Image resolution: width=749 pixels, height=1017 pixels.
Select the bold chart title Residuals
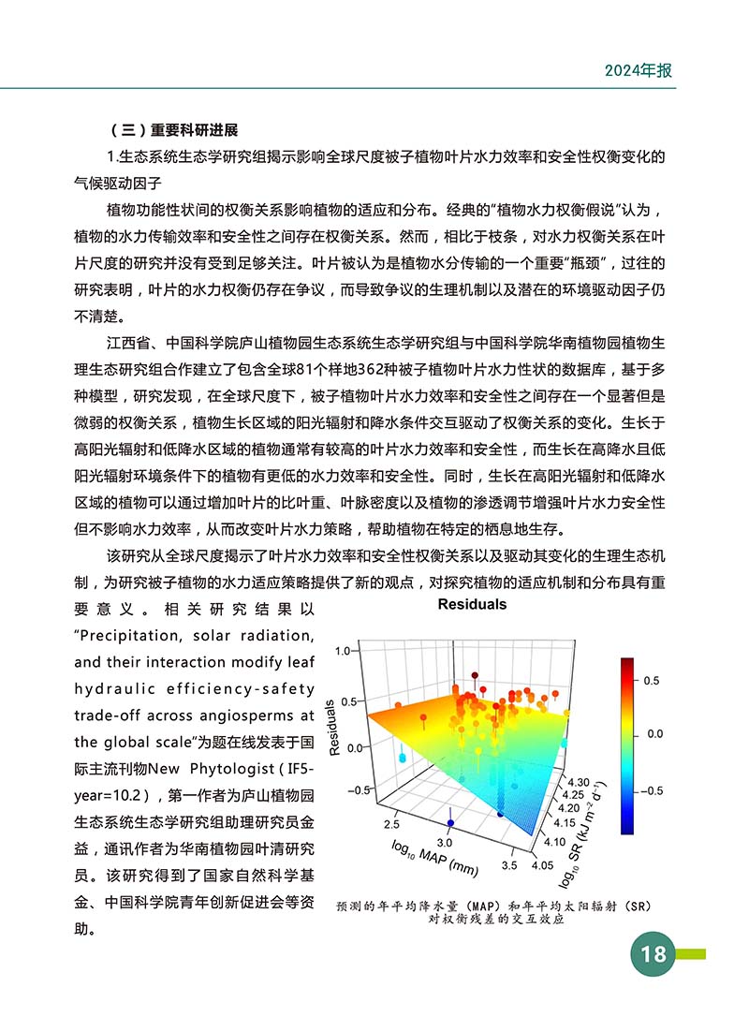472,604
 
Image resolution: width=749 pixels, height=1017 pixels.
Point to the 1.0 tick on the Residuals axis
341,650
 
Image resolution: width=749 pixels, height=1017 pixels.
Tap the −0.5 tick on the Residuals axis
338,790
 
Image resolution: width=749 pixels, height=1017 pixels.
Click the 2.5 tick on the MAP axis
391,824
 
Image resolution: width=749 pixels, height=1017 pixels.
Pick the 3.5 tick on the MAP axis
509,866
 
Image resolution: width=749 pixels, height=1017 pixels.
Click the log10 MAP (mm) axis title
435,857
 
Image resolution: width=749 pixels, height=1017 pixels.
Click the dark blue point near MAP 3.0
449,830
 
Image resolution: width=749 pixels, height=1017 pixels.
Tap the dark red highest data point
475,675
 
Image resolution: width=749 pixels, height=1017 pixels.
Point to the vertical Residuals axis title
334,726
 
